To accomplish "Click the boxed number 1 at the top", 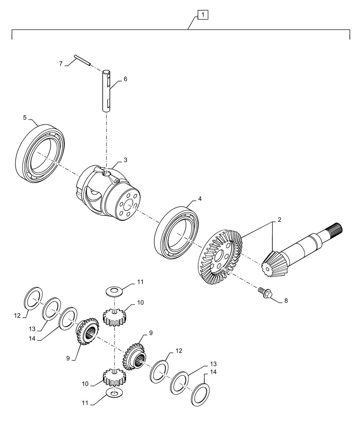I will [203, 14].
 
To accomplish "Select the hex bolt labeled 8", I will [264, 293].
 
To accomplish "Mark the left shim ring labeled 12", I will [33, 298].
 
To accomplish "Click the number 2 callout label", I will [279, 220].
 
